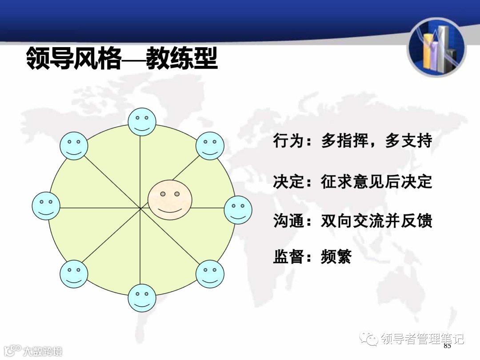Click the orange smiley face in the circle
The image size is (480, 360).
pos(170,200)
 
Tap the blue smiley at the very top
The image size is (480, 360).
pos(142,121)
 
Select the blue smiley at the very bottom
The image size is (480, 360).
pos(142,298)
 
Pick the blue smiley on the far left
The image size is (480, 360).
pos(46,206)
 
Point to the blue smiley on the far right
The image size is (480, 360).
pos(238,210)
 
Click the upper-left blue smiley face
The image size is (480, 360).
pos(74,145)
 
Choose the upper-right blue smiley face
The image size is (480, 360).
pos(210,145)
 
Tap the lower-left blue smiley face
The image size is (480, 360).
pos(74,273)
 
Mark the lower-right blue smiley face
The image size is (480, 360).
pos(210,273)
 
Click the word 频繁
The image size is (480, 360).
pos(336,257)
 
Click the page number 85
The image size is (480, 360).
pos(447,346)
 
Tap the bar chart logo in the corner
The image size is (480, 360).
pos(436,48)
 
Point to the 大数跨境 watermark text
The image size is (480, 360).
pos(43,351)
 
